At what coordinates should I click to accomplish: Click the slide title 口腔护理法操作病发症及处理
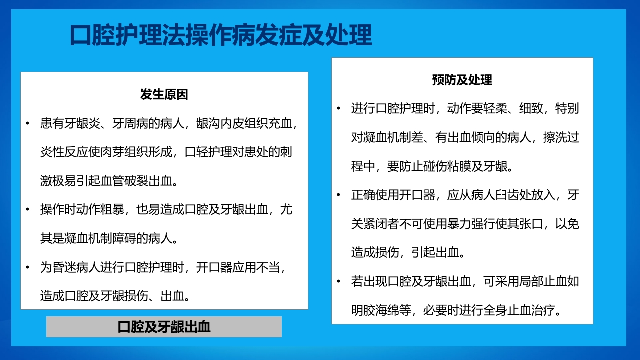(220, 36)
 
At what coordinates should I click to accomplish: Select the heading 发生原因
(164, 94)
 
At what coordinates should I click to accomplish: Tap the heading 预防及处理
(462, 80)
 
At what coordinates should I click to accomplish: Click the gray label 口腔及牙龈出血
(164, 327)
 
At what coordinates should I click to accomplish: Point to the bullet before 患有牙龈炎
(28, 123)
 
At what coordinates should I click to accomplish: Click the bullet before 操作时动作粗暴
(28, 210)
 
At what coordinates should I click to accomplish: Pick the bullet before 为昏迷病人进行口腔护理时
(28, 268)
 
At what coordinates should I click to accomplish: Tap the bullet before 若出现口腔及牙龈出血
(339, 282)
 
